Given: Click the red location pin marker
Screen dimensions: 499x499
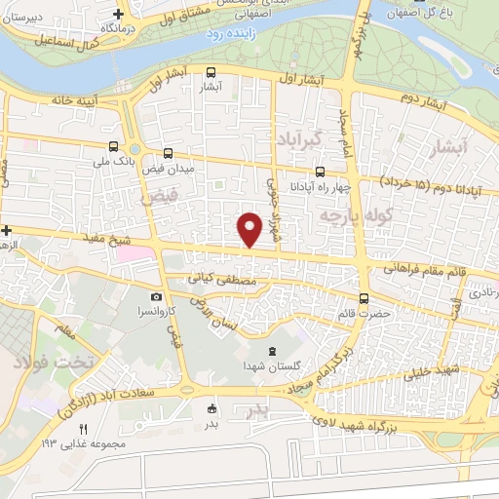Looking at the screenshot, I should (249, 228).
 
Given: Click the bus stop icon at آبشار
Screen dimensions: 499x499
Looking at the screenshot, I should (211, 71).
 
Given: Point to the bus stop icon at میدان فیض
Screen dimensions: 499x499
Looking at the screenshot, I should (169, 153).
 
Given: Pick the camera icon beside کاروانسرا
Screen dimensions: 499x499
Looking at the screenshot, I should (157, 296).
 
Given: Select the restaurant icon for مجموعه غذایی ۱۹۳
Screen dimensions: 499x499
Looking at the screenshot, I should (83, 430).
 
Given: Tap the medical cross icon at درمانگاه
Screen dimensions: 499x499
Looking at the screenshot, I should (118, 14).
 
